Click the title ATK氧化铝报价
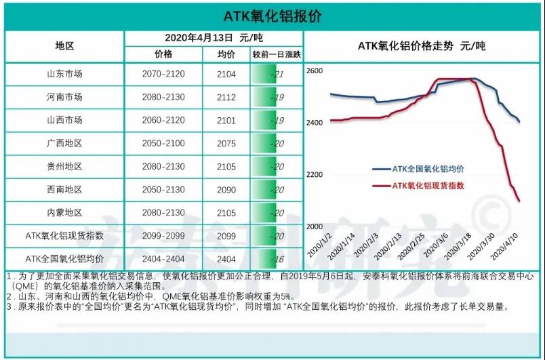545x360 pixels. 272,16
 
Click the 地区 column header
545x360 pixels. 64,47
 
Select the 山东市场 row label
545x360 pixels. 64,74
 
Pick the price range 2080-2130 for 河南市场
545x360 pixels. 163,97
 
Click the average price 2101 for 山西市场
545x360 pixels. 226,120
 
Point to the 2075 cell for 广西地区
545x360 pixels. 226,143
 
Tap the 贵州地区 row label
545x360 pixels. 64,166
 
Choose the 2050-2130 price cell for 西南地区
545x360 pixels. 163,190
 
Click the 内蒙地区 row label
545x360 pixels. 64,213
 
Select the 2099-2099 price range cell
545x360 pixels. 163,236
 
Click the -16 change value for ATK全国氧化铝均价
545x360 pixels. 276,259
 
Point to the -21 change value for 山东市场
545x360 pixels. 276,74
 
